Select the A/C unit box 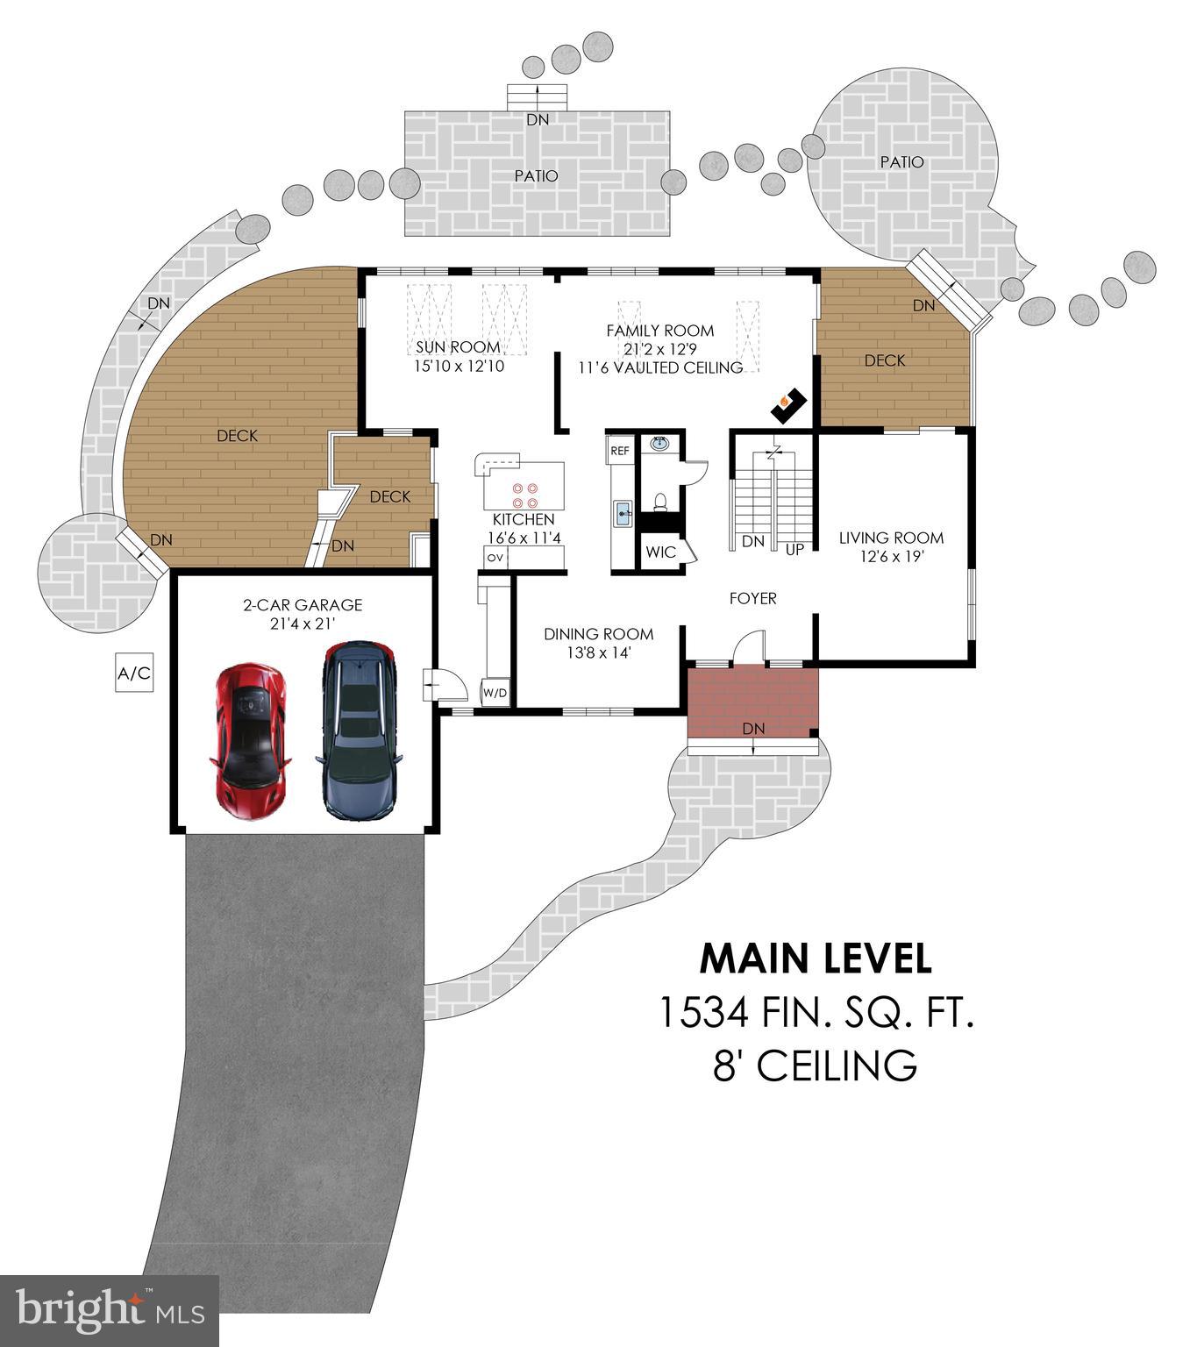point(134,673)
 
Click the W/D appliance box point(495,692)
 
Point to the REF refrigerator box point(619,451)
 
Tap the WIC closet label point(660,552)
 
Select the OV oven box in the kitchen point(495,557)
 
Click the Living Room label point(891,538)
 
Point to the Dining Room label point(598,634)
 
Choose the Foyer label point(753,598)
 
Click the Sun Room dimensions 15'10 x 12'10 point(459,366)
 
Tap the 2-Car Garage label point(303,605)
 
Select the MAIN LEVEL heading point(816,959)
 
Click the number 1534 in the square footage point(702,1013)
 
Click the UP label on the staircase point(794,550)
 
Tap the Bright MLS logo point(110,1310)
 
